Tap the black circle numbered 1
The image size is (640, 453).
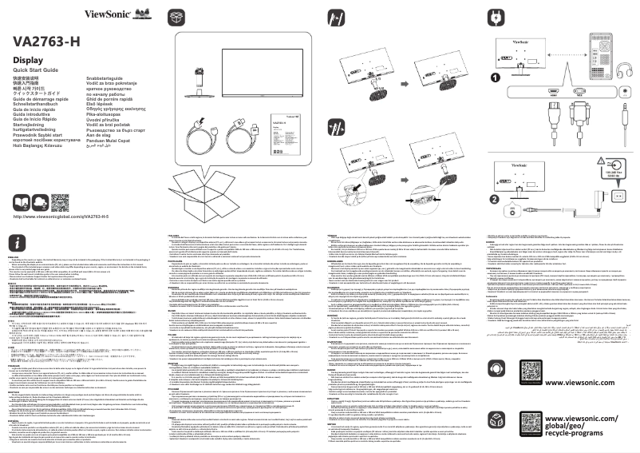[496, 77]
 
